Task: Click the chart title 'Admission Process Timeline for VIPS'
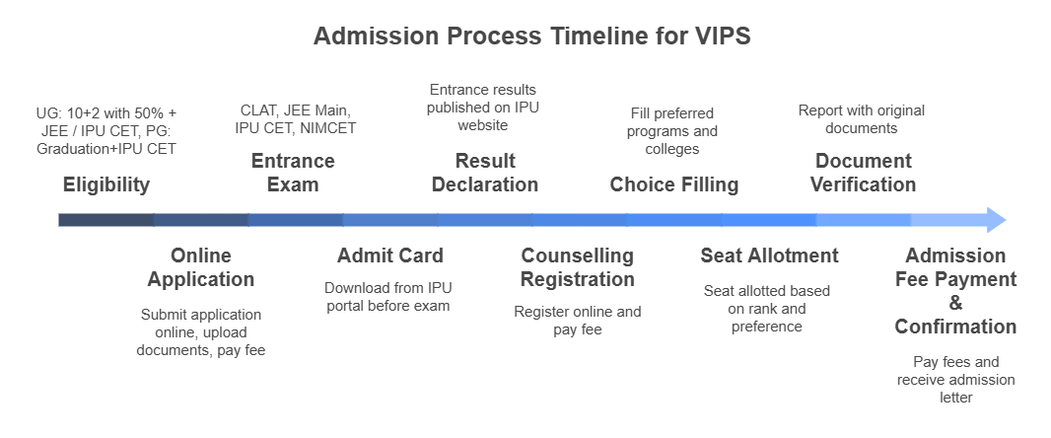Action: tap(531, 37)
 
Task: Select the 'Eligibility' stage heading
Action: tap(106, 184)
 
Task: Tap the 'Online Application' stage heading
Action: tap(201, 267)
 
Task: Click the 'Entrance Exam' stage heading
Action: tap(293, 173)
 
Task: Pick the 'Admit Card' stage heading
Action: tap(390, 255)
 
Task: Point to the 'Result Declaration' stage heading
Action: tap(485, 173)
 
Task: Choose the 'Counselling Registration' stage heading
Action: tap(578, 267)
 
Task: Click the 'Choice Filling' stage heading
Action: tap(674, 184)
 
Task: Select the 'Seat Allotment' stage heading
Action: tap(769, 255)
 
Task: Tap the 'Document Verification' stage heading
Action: tap(864, 173)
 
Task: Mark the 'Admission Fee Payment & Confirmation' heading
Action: tap(955, 291)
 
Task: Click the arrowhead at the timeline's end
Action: tap(996, 219)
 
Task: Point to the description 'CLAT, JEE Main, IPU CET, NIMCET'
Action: tap(295, 119)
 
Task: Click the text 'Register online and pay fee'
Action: tap(578, 321)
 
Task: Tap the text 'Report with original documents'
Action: tap(861, 119)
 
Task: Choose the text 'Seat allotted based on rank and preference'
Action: tap(767, 309)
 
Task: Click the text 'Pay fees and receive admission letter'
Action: tap(955, 380)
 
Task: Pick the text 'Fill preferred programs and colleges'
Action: tap(674, 131)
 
